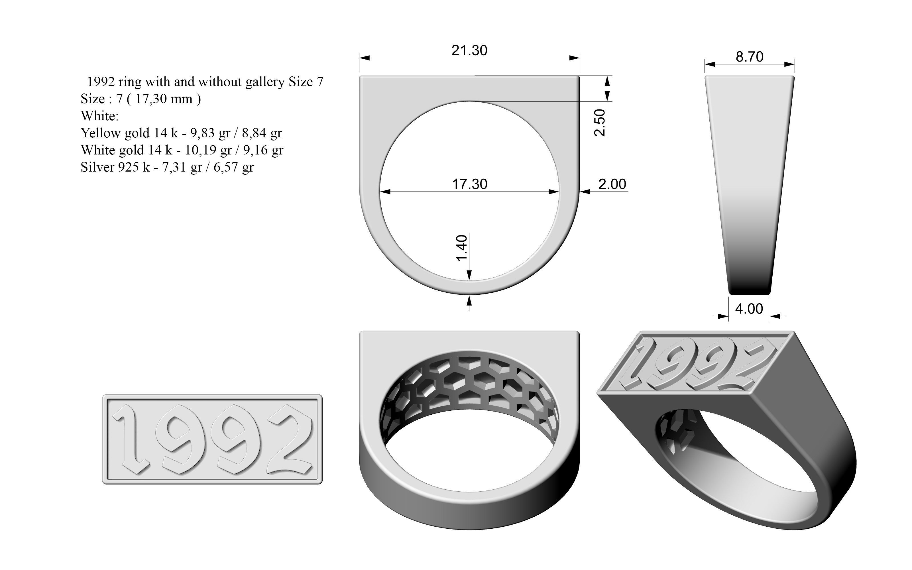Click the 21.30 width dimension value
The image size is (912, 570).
click(469, 50)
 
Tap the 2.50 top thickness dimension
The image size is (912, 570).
click(600, 123)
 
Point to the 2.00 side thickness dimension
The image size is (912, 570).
click(612, 184)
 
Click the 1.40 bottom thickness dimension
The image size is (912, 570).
click(462, 248)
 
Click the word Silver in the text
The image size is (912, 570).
click(97, 167)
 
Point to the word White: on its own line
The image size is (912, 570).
click(99, 116)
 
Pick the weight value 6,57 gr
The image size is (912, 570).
click(233, 167)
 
